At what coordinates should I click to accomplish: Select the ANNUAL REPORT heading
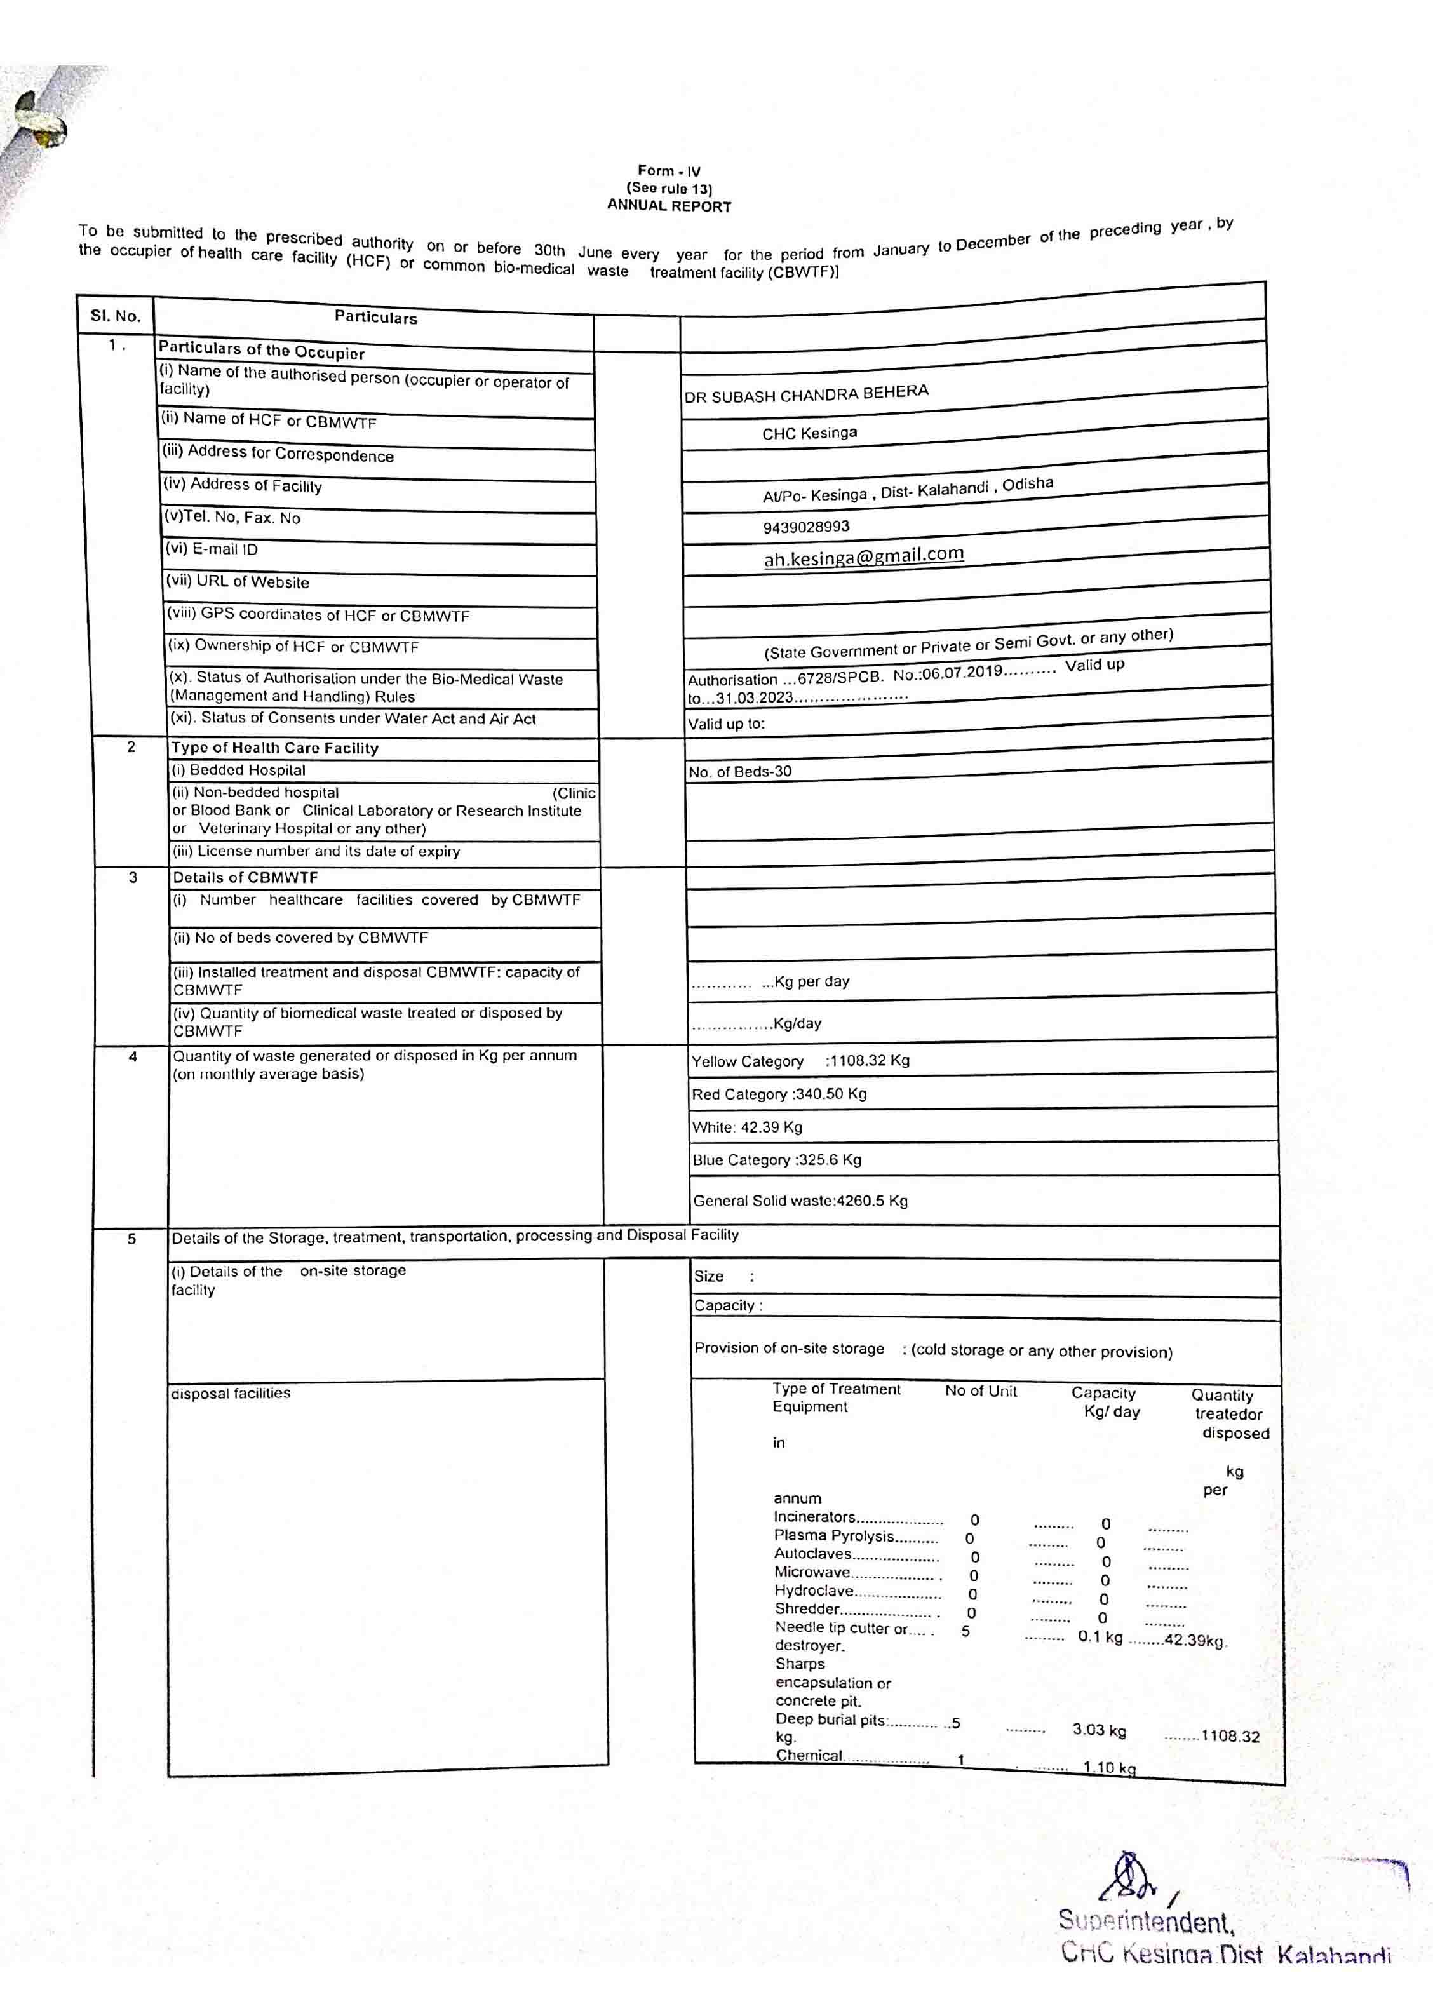pyautogui.click(x=669, y=206)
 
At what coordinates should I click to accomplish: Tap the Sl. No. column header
pyautogui.click(x=115, y=316)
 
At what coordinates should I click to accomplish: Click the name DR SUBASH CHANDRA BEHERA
pyautogui.click(x=806, y=393)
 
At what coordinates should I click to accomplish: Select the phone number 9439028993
pyautogui.click(x=806, y=527)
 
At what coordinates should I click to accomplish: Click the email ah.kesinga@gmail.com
pyautogui.click(x=863, y=556)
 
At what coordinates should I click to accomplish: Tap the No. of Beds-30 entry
pyautogui.click(x=740, y=772)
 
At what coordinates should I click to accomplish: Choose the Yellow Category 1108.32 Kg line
pyautogui.click(x=800, y=1061)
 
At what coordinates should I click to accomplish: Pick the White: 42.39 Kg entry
pyautogui.click(x=747, y=1127)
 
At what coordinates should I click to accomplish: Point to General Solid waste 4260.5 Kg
pyautogui.click(x=800, y=1201)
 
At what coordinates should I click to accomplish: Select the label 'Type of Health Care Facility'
pyautogui.click(x=275, y=748)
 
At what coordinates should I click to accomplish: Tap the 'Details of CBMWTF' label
pyautogui.click(x=245, y=877)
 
